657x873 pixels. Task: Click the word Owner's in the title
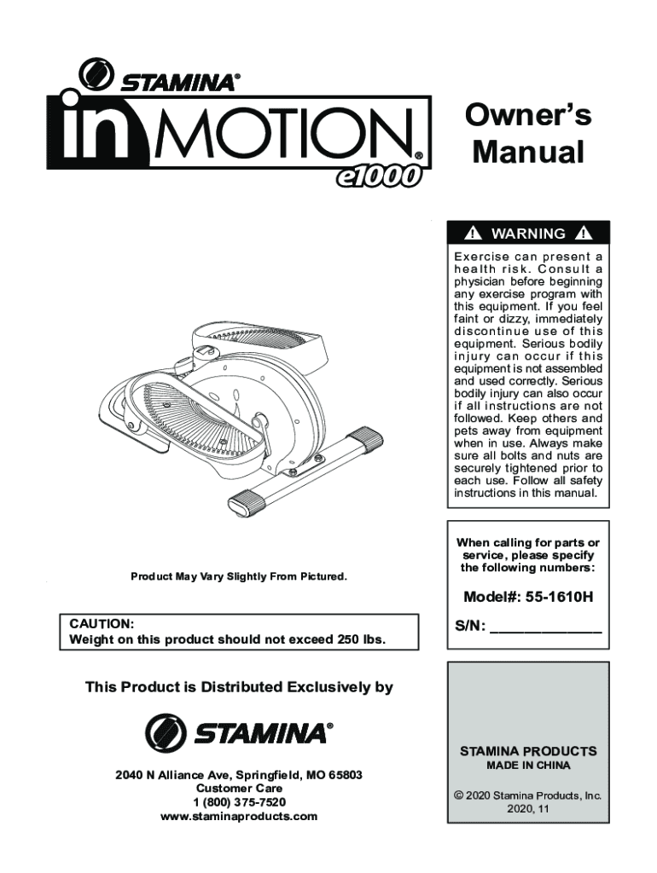[527, 115]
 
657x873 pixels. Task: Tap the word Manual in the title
[528, 153]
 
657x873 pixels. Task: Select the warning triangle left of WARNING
[474, 234]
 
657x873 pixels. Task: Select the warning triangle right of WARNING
[584, 234]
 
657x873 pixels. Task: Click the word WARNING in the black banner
[529, 234]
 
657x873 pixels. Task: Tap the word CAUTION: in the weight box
[101, 623]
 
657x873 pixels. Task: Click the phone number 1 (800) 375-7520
[239, 802]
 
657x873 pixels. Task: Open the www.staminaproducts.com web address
[239, 816]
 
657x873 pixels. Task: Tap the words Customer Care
[239, 789]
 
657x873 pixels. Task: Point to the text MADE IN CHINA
[528, 766]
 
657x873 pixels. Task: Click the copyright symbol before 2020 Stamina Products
[458, 795]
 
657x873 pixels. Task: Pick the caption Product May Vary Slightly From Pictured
[239, 577]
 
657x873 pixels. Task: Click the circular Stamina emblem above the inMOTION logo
[96, 74]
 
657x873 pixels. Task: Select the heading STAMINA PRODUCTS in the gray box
[528, 751]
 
